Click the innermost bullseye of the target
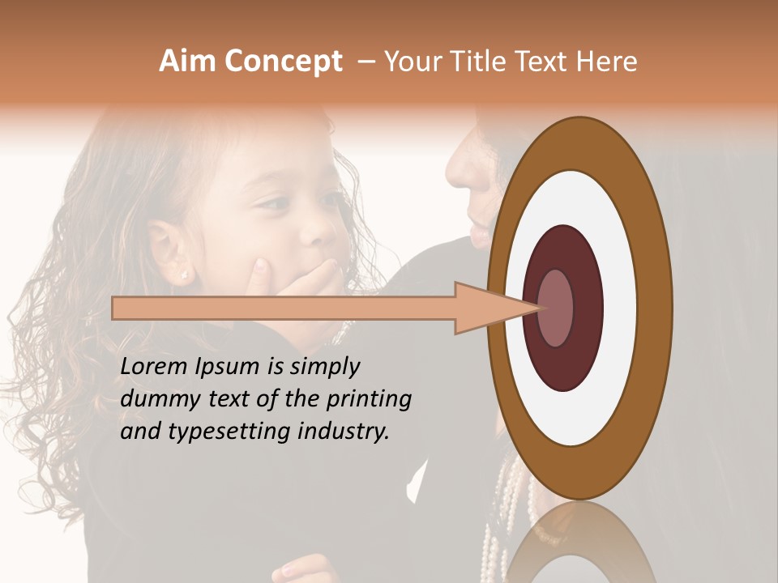[556, 309]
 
